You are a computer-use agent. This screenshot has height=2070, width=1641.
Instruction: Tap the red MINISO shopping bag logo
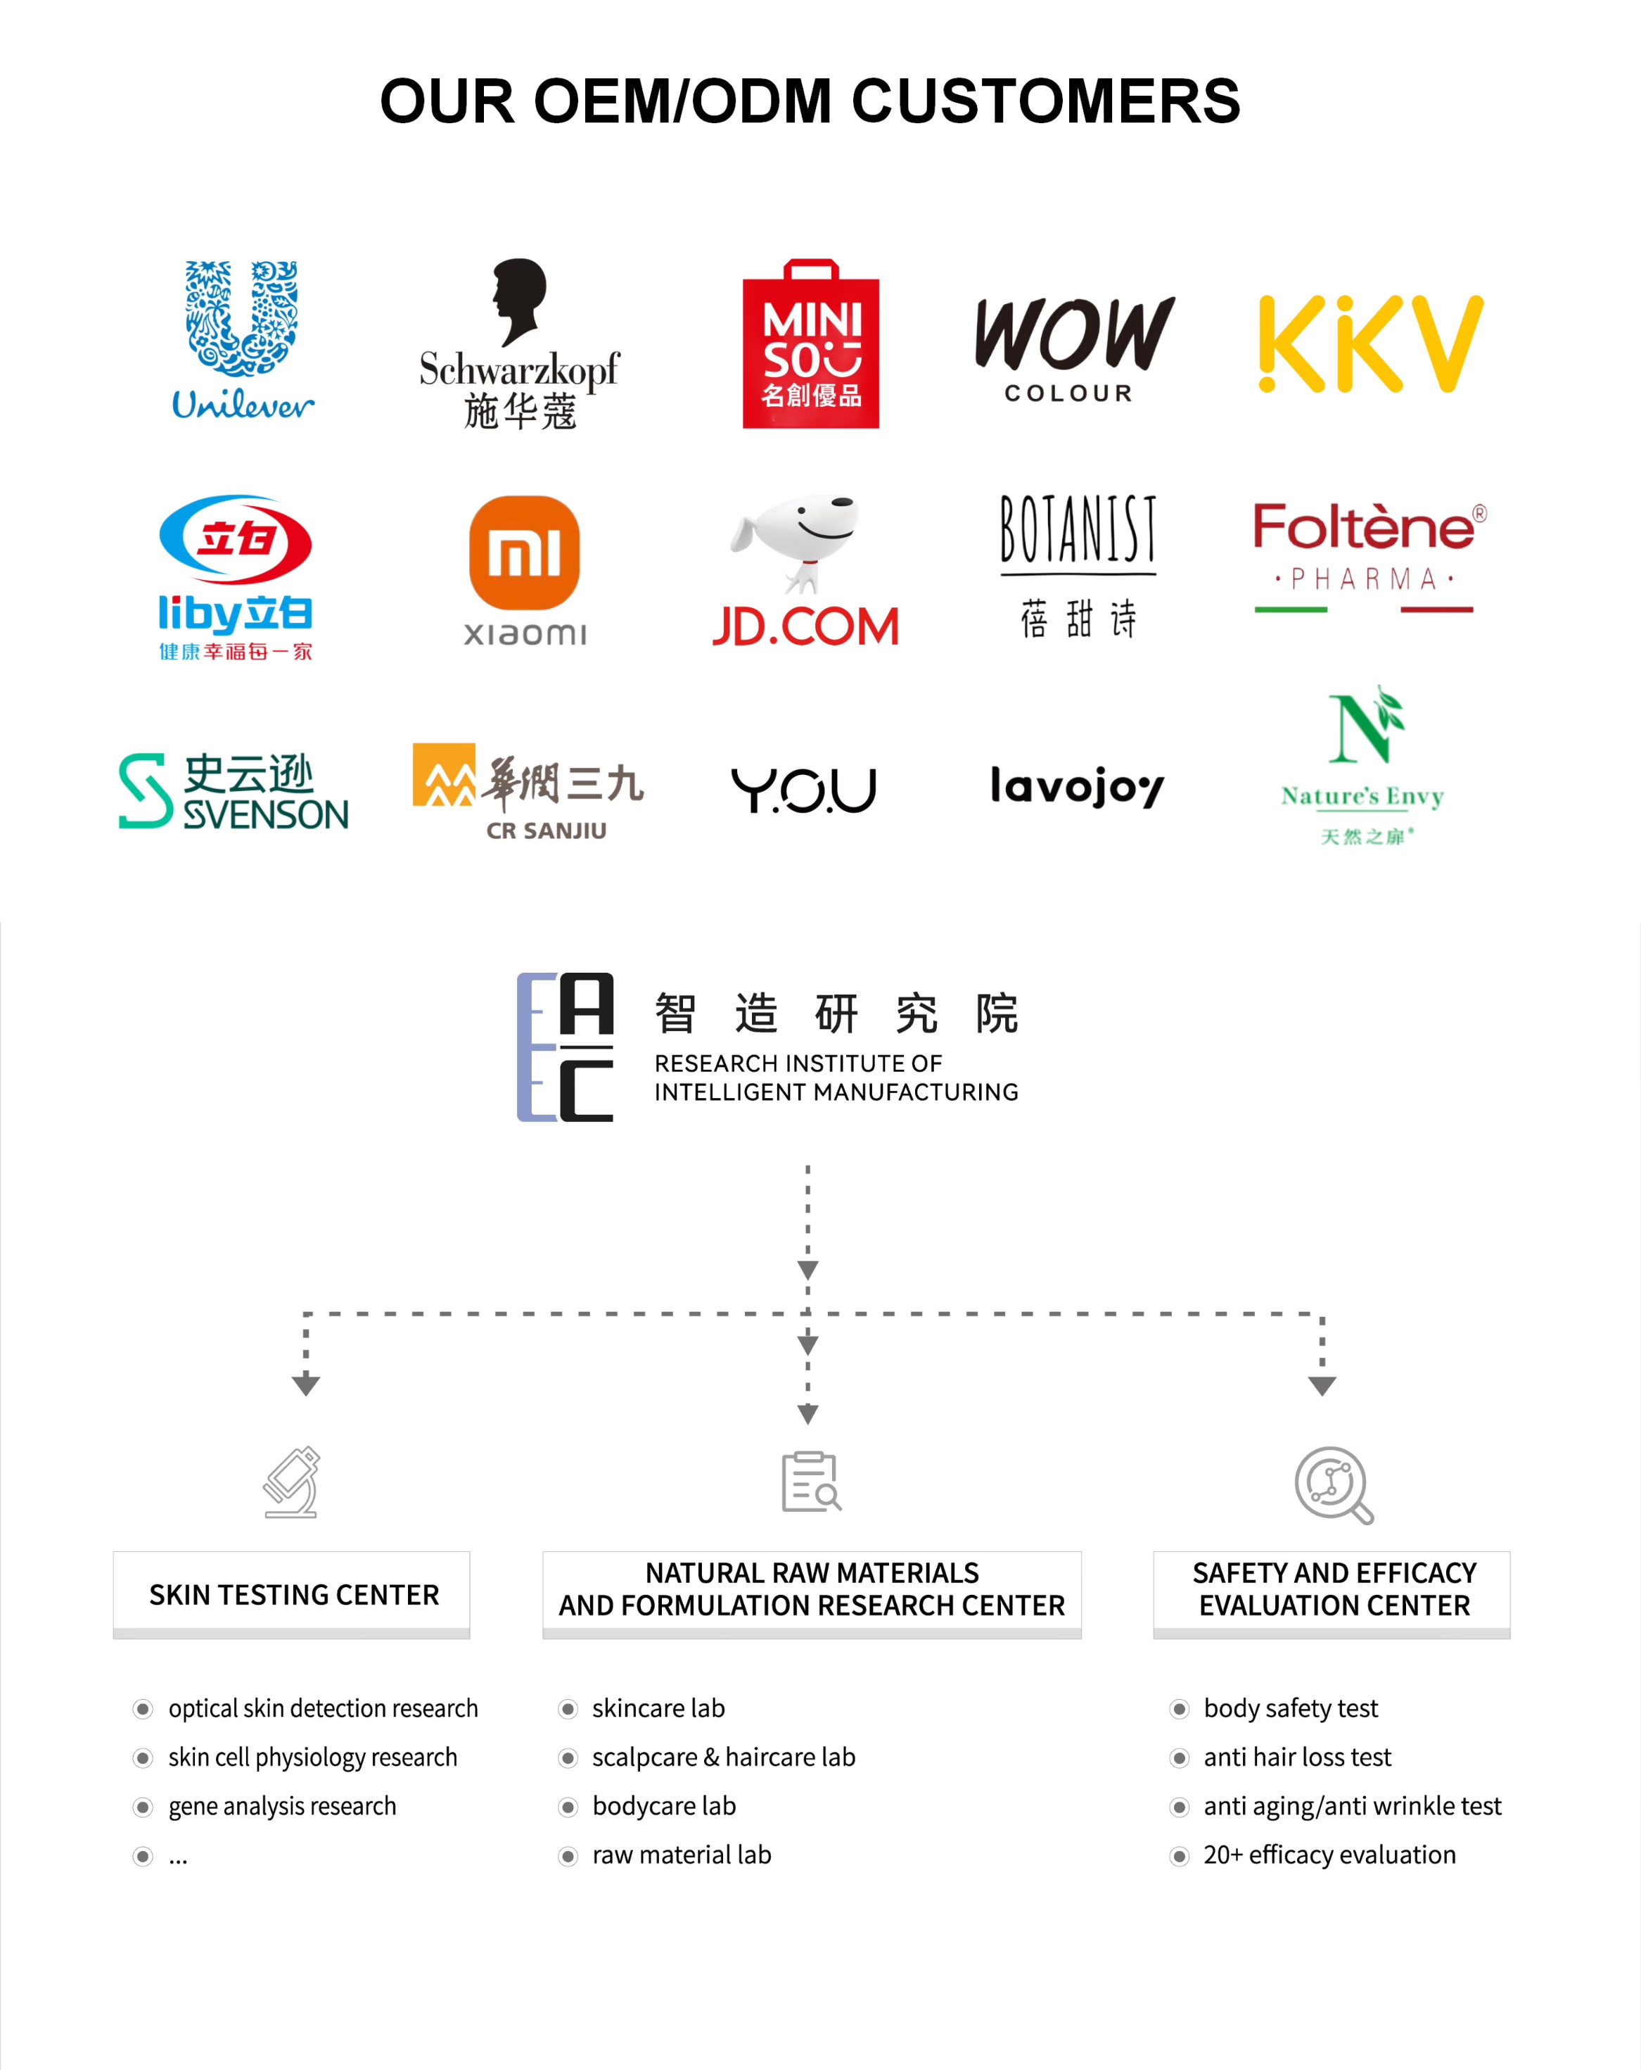tap(811, 345)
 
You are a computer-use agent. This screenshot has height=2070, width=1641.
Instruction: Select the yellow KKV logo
tap(1370, 345)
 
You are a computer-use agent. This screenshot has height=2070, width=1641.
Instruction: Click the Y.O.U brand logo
tap(804, 789)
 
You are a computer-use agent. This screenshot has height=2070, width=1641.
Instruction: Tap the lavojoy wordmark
tap(1077, 788)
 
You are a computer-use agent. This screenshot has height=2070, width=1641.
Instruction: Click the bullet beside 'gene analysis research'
tap(143, 1807)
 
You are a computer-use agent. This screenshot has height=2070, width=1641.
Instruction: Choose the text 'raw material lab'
tap(682, 1855)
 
